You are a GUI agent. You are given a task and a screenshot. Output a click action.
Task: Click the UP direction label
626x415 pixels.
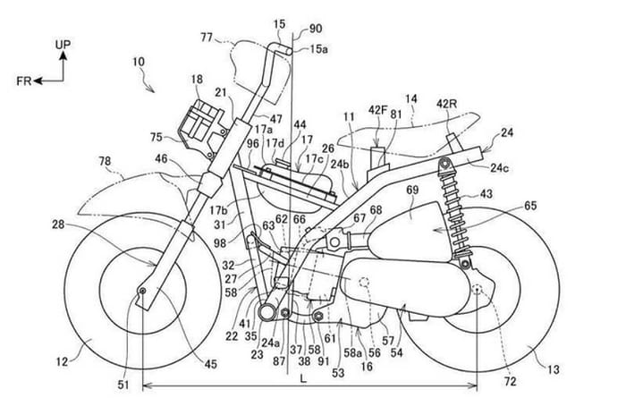[x=63, y=42]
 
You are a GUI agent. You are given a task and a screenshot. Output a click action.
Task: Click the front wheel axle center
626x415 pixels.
[x=141, y=292]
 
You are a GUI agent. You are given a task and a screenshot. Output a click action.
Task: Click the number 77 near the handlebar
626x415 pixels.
[x=207, y=38]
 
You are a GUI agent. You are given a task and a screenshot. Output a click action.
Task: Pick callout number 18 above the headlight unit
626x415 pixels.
[x=196, y=81]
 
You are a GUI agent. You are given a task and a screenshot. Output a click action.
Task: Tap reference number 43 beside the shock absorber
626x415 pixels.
[x=487, y=194]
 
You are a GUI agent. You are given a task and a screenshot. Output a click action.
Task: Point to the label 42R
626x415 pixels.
[x=447, y=104]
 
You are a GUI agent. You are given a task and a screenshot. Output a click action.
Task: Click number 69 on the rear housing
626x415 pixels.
[x=411, y=191]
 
